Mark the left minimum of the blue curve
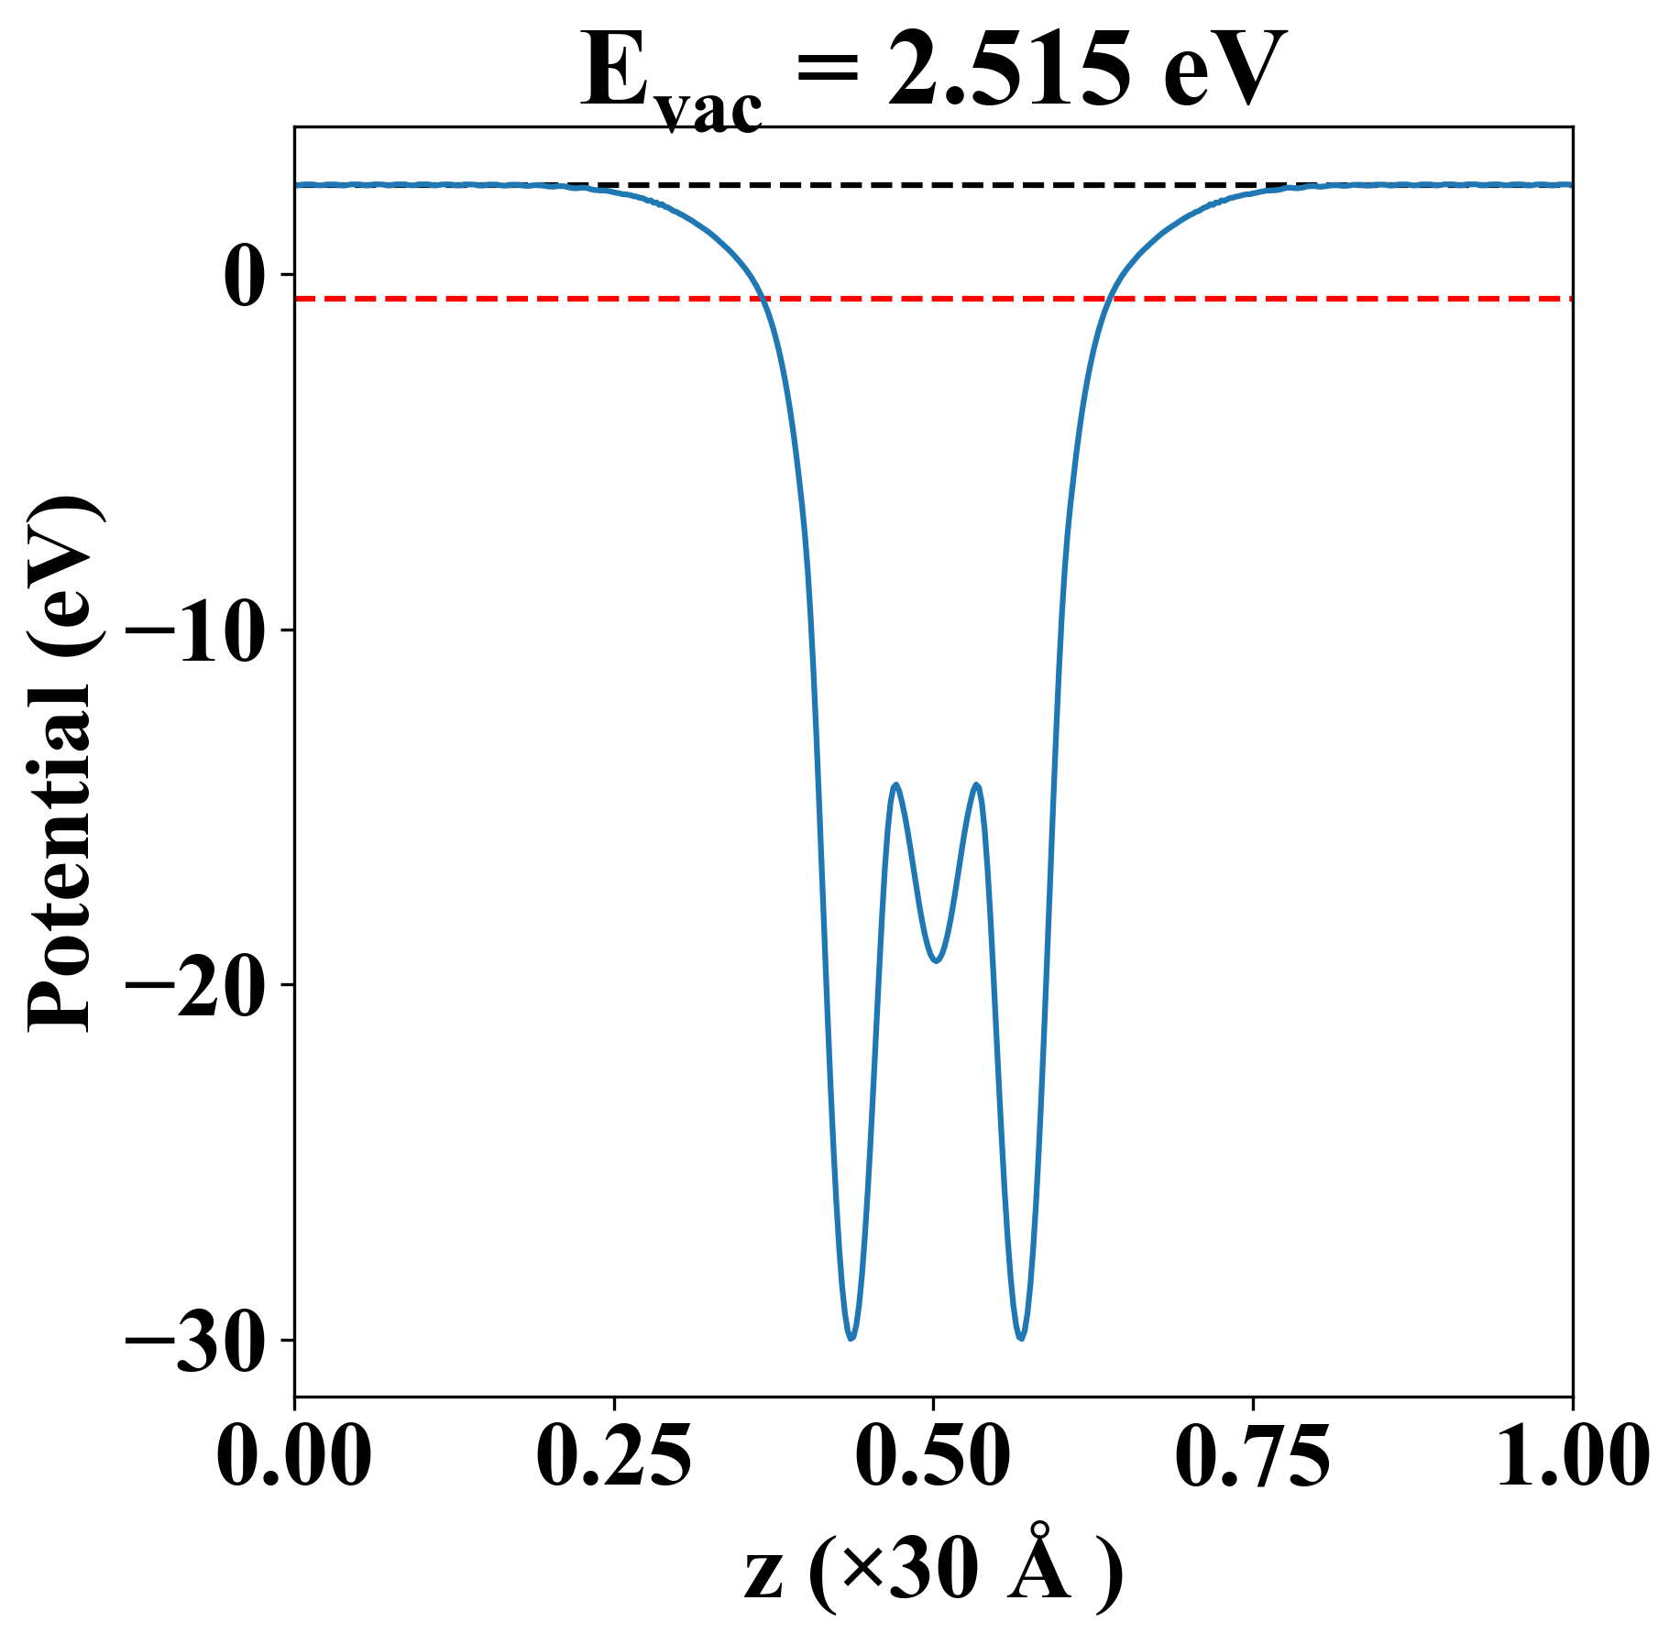coord(851,1338)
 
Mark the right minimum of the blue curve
coord(1021,1338)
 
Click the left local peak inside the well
coord(895,785)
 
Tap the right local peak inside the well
coord(977,785)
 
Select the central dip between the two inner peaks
coord(936,960)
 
